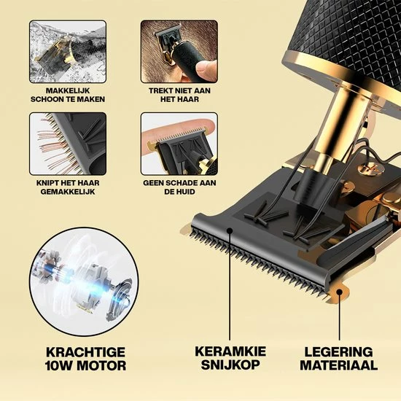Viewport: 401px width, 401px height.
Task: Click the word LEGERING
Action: (338, 351)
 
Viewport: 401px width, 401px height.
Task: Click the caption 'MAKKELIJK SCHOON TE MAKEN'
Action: (68, 94)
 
